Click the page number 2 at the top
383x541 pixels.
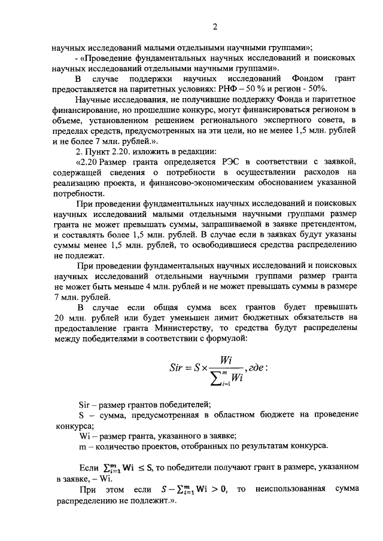[x=214, y=26]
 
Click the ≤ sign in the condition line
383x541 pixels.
[x=144, y=467]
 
